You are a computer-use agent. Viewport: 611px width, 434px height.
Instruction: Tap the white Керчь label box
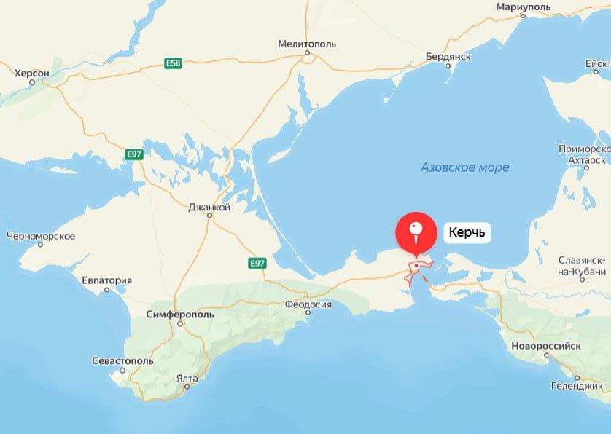tap(467, 234)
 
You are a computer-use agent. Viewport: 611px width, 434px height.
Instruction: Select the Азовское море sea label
tap(464, 167)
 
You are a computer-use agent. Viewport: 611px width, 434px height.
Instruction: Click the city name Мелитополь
tap(307, 44)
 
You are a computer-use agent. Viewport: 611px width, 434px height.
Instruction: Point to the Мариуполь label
tap(524, 7)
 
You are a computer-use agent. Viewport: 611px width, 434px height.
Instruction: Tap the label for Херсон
tap(32, 73)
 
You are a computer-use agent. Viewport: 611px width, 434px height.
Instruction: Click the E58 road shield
tap(173, 64)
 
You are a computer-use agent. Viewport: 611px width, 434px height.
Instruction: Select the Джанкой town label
tap(209, 208)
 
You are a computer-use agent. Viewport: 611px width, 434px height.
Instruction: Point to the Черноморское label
tap(41, 236)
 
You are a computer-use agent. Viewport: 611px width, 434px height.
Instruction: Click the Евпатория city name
tap(107, 280)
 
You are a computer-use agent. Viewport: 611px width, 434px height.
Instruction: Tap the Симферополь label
tap(180, 314)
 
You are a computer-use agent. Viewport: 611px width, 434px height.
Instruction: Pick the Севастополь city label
tap(122, 361)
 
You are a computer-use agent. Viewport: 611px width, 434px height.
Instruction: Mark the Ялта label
tap(187, 379)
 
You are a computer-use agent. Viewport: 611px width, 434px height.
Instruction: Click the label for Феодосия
tap(308, 304)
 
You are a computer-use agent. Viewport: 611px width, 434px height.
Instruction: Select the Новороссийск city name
tap(546, 346)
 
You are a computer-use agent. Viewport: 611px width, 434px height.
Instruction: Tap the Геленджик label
tap(577, 386)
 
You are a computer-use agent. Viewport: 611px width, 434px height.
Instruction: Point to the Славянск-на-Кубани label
tap(583, 266)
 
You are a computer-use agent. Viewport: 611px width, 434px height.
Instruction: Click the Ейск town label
tap(596, 64)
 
